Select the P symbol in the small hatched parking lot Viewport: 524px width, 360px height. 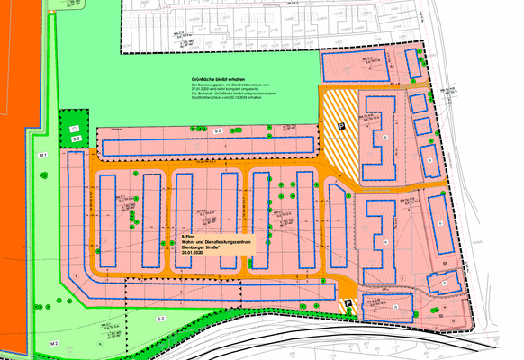click(348, 303)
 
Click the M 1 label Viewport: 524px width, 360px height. click(42, 156)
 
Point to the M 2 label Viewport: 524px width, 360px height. click(54, 343)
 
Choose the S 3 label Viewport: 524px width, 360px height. click(77, 139)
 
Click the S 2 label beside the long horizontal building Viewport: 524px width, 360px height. click(218, 131)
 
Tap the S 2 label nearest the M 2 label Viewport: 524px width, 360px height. click(162, 319)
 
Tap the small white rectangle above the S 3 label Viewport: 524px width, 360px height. click(74, 130)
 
